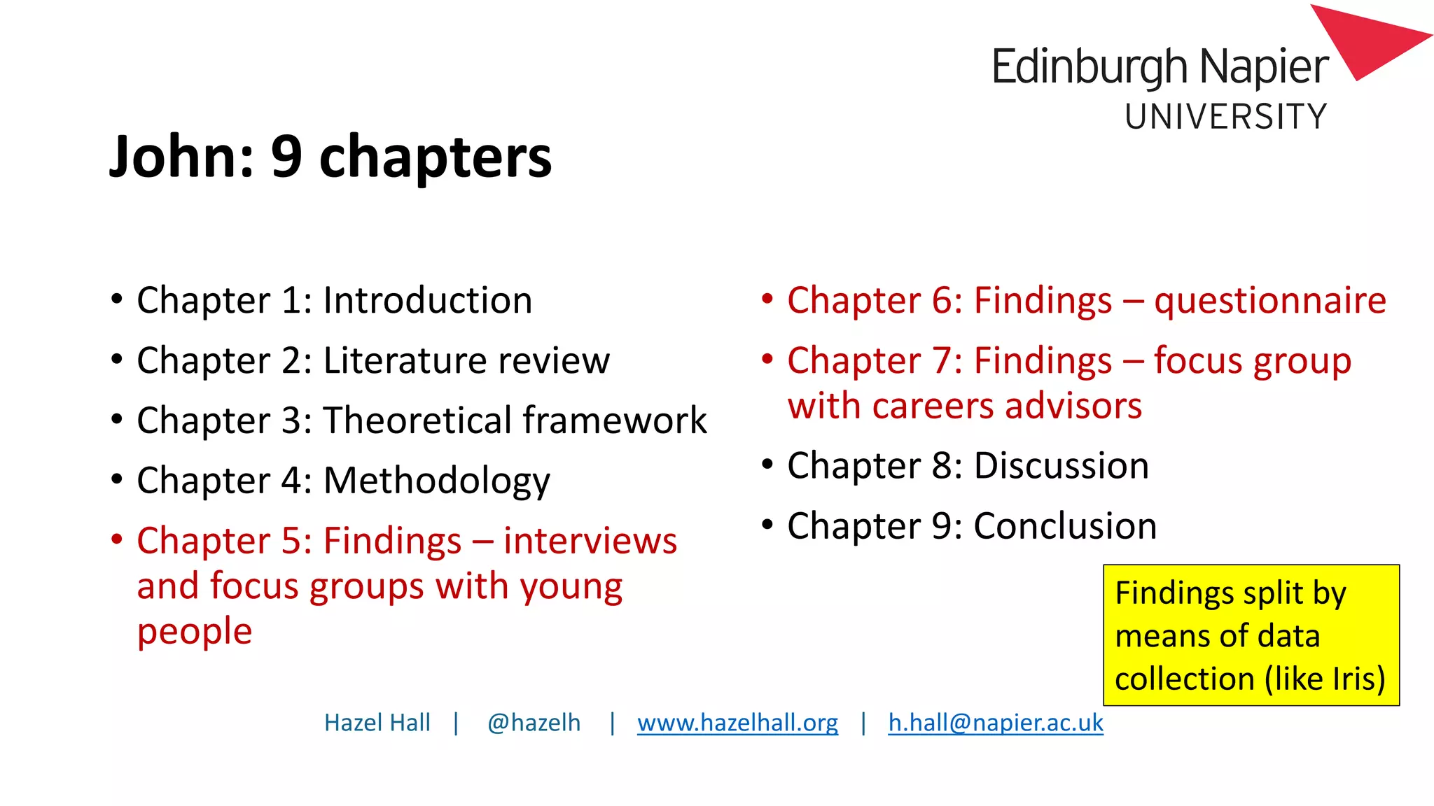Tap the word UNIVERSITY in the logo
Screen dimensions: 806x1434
pos(1225,117)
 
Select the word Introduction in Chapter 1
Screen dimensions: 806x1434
pos(427,301)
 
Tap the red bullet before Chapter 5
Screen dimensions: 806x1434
pos(117,539)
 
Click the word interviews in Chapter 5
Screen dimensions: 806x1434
pos(590,541)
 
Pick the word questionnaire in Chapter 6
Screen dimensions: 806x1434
pos(1269,302)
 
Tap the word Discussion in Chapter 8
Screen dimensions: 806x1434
pos(1061,466)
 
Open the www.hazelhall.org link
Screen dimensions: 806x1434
pos(737,723)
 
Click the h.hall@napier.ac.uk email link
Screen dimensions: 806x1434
pos(995,723)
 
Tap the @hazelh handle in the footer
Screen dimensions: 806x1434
pos(534,723)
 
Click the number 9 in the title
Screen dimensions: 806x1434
pos(286,157)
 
